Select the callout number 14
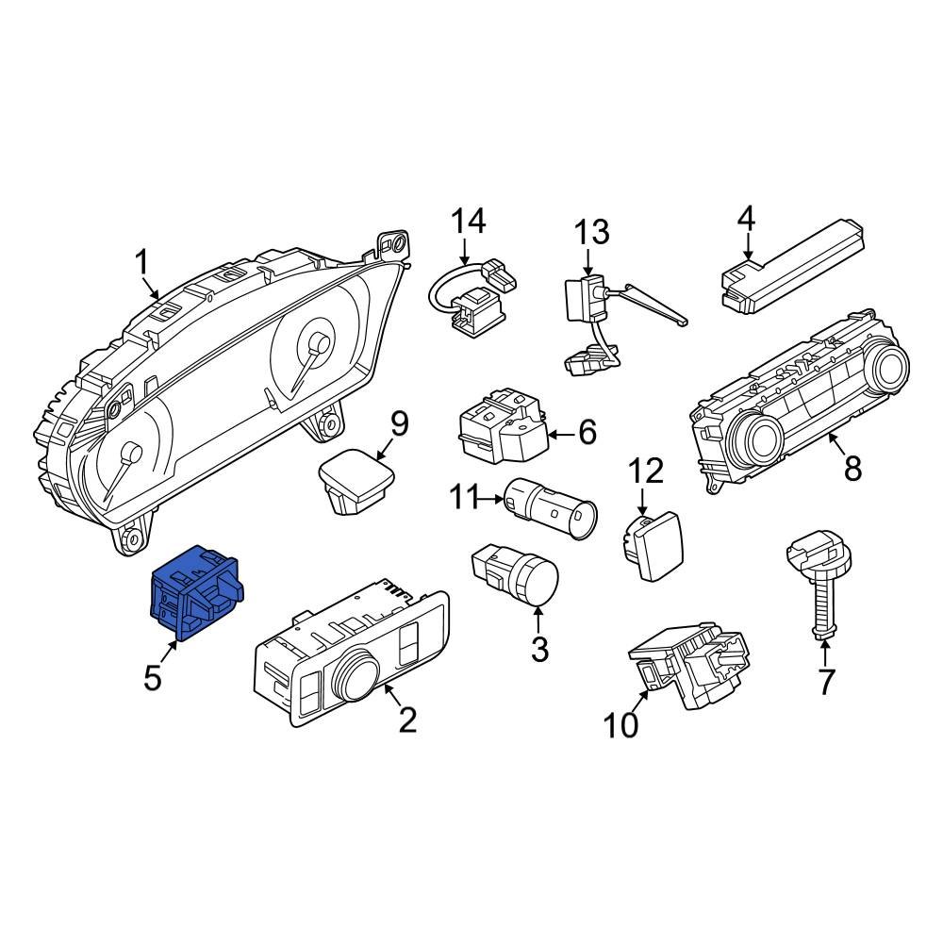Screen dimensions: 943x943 click(x=468, y=222)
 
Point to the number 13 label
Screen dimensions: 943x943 click(x=593, y=231)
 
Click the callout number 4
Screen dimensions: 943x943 click(x=746, y=219)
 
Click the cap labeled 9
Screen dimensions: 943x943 click(x=356, y=479)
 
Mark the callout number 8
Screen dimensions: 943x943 click(x=852, y=468)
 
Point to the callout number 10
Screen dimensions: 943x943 click(x=621, y=725)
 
